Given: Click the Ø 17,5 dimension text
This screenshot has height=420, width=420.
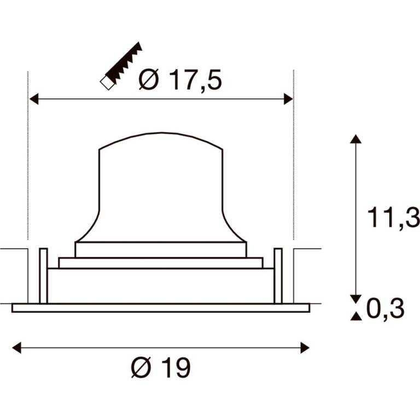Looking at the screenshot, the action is tap(180, 79).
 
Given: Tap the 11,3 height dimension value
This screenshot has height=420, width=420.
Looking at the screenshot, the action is tap(393, 218).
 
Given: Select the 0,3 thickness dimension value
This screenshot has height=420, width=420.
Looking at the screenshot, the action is tap(385, 309).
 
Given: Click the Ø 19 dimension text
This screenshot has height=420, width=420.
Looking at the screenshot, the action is tap(161, 367).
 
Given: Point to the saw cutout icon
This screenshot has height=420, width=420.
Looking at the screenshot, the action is tap(121, 66).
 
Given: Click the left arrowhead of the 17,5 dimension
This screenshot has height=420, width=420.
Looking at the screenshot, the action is tap(34, 99).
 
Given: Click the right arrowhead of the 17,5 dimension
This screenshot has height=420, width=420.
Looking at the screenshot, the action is tap(288, 99).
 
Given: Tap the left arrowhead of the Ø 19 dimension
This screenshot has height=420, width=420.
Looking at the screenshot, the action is tap(16, 348).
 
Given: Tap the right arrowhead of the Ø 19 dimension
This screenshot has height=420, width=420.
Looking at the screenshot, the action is tap(305, 348).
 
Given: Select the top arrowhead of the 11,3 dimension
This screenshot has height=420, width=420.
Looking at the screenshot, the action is tap(355, 139).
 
